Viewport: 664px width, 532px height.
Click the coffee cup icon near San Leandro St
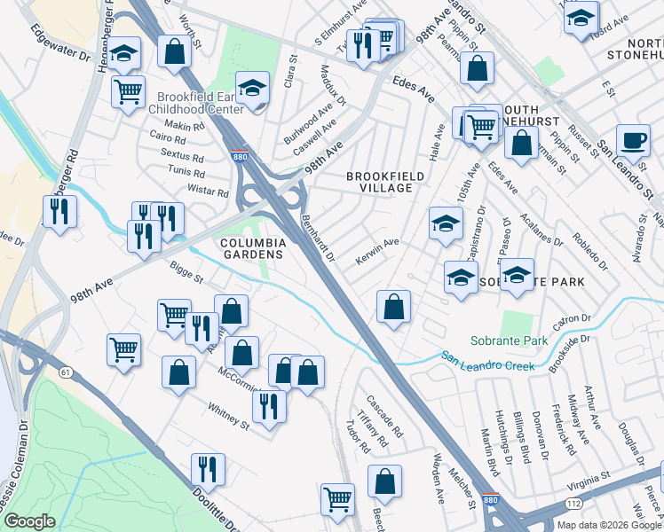(633, 140)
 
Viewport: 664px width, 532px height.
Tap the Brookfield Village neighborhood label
(379, 182)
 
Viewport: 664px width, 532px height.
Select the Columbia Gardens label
(253, 247)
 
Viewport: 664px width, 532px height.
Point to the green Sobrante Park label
(509, 341)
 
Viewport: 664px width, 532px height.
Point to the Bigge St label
(187, 270)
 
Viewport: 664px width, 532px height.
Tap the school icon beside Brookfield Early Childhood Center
(253, 89)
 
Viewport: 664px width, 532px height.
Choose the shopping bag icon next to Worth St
(175, 52)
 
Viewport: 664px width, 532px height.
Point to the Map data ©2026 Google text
(608, 525)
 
